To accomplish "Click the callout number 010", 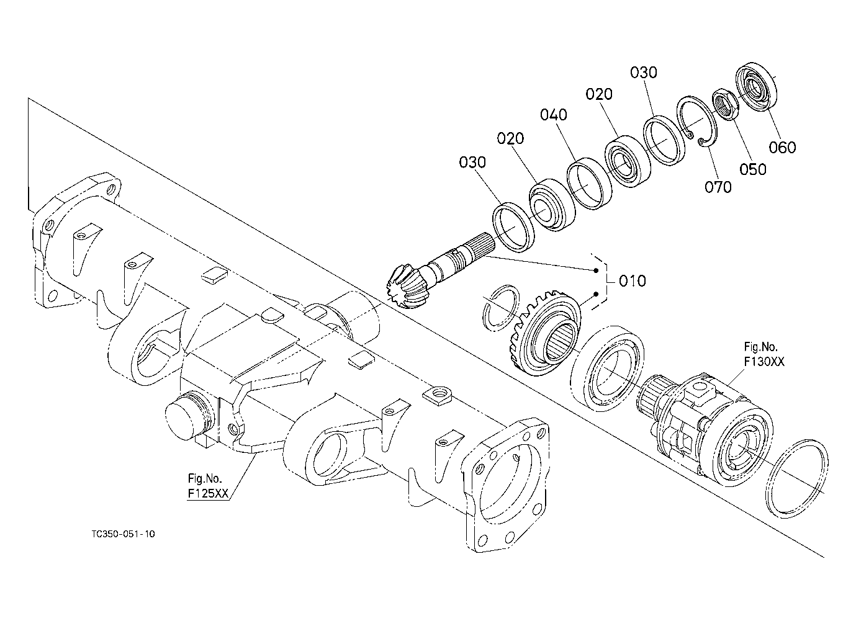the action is (x=633, y=281).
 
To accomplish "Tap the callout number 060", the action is (x=782, y=148).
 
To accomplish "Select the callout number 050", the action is (x=753, y=169).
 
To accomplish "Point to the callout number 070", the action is (x=718, y=187).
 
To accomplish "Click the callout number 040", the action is (x=553, y=115).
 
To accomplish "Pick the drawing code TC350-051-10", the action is (x=124, y=534).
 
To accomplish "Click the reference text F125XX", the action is (x=208, y=493).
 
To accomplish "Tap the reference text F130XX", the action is (x=764, y=362).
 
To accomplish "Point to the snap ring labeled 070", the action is (x=696, y=123).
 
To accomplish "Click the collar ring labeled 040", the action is (x=589, y=183).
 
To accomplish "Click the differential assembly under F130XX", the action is (x=703, y=431).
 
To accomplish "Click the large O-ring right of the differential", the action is (x=797, y=479).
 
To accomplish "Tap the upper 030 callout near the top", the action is (x=644, y=72).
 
